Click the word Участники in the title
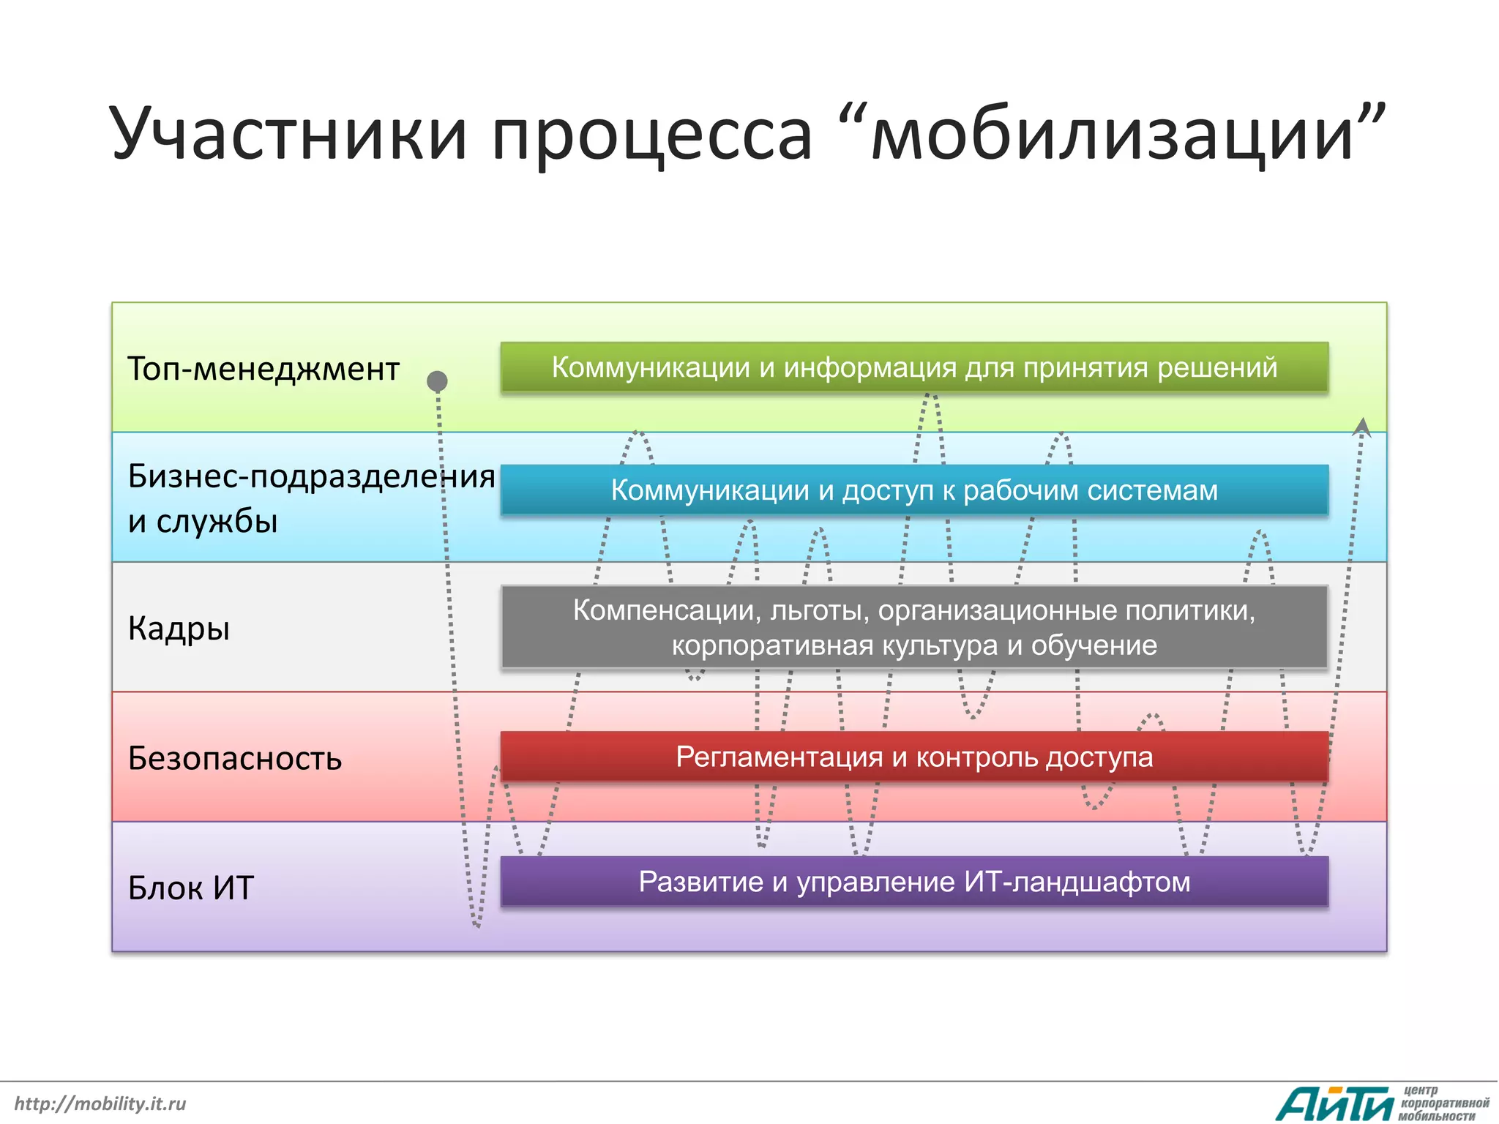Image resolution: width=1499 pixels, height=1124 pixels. [288, 134]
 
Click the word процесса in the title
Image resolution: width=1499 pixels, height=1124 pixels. [651, 134]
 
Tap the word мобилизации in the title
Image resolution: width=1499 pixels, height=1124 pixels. [1113, 134]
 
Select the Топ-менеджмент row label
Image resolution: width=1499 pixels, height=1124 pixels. [263, 369]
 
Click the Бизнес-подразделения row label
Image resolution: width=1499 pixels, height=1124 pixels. [311, 476]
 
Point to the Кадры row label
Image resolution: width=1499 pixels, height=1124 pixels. [179, 629]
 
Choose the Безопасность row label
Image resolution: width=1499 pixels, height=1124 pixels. [234, 759]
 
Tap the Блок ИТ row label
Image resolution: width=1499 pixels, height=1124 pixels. [190, 888]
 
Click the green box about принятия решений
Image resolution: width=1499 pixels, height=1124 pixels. [914, 367]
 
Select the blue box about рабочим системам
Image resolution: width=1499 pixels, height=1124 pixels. [914, 490]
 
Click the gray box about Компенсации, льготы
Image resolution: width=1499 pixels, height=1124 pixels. [914, 627]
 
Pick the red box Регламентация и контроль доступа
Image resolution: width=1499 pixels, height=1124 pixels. [914, 757]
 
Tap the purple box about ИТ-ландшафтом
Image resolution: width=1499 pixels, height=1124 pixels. [914, 882]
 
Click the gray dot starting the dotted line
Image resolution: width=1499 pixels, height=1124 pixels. [437, 381]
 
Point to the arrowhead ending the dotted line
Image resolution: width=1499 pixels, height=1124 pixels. [1361, 426]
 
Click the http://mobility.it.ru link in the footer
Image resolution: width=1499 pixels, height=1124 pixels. [100, 1104]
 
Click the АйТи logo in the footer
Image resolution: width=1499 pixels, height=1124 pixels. [1334, 1104]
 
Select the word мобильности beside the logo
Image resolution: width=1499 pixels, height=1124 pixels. [1436, 1117]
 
